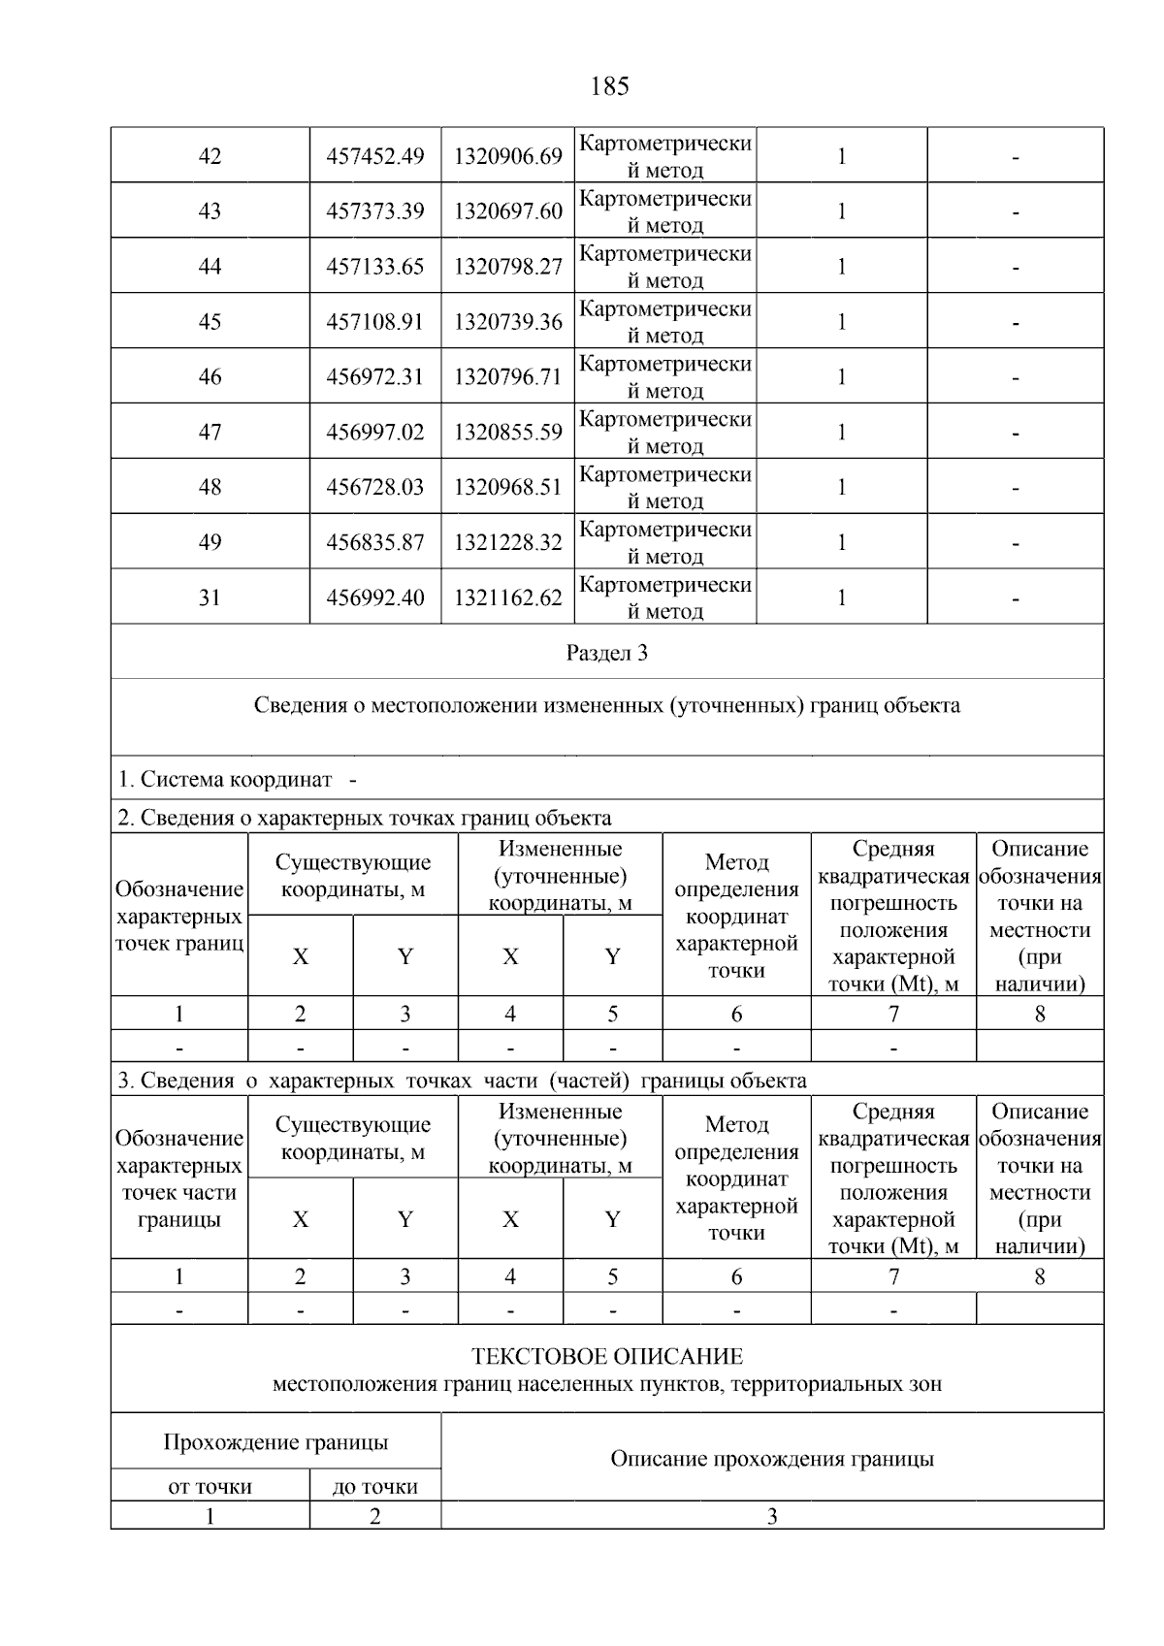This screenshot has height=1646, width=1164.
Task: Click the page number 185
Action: pyautogui.click(x=609, y=86)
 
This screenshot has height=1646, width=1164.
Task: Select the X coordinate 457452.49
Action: pyautogui.click(x=375, y=156)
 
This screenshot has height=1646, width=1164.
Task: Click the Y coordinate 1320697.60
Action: pyautogui.click(x=507, y=211)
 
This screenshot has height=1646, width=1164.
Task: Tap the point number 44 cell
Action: pyautogui.click(x=210, y=267)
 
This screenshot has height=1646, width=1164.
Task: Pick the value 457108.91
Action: pyautogui.click(x=375, y=322)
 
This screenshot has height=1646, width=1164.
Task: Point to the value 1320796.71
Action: pyautogui.click(x=507, y=377)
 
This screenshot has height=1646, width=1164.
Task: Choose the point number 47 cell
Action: pyautogui.click(x=210, y=433)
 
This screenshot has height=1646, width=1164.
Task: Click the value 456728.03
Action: pyautogui.click(x=375, y=488)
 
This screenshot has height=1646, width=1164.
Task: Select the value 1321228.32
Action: pyautogui.click(x=507, y=543)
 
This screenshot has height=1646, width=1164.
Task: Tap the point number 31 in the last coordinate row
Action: pyautogui.click(x=210, y=598)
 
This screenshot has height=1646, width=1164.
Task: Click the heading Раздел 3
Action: pyautogui.click(x=607, y=653)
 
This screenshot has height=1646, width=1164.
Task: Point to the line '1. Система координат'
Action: pyautogui.click(x=225, y=780)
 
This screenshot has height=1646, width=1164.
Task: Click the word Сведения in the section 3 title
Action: pyautogui.click(x=300, y=705)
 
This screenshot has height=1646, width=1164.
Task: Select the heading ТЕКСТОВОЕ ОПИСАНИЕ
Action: pyautogui.click(x=607, y=1356)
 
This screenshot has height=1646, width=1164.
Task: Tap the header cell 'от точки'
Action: pyautogui.click(x=210, y=1487)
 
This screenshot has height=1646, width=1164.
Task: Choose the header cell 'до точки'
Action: pyautogui.click(x=374, y=1487)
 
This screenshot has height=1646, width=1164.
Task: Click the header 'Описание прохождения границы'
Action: pyautogui.click(x=772, y=1459)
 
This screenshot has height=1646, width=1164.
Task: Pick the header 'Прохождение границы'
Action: pyautogui.click(x=275, y=1442)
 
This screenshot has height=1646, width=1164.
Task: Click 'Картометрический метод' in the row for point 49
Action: pyautogui.click(x=665, y=543)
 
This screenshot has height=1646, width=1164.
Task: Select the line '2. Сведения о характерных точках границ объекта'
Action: pyautogui.click(x=365, y=818)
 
